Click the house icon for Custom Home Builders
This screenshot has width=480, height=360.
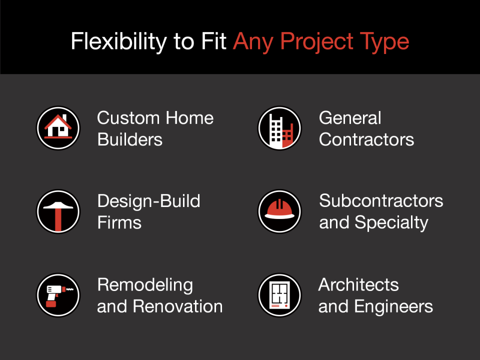click(x=58, y=127)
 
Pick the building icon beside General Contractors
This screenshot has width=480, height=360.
click(x=279, y=127)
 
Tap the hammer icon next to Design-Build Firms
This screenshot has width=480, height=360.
click(x=58, y=211)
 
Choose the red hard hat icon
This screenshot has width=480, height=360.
click(x=279, y=211)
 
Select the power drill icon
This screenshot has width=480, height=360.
click(x=58, y=294)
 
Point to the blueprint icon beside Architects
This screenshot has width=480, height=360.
click(x=279, y=294)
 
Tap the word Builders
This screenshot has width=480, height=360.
click(x=130, y=139)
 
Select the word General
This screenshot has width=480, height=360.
click(x=350, y=118)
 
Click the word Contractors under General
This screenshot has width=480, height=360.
click(x=366, y=139)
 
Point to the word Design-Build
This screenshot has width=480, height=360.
click(x=149, y=201)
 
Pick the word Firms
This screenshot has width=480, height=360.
click(x=119, y=222)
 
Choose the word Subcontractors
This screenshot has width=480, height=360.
click(x=381, y=201)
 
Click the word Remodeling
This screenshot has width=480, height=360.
click(x=145, y=284)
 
